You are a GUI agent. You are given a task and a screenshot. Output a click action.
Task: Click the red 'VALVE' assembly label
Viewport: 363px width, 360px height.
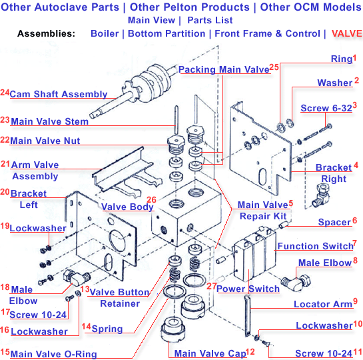pos(346,33)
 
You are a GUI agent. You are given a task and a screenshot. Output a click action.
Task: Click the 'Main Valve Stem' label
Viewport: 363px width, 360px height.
pos(49,121)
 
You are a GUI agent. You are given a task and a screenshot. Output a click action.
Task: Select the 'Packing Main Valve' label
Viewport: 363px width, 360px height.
pos(224,69)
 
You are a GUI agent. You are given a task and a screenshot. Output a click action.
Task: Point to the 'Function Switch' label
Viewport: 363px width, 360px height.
pos(314,246)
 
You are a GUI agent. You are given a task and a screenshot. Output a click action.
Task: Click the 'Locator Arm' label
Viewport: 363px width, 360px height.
pos(323,304)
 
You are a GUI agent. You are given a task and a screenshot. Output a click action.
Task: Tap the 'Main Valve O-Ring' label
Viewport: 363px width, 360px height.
pos(53,353)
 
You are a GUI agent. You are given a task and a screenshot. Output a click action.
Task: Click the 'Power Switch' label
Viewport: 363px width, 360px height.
pos(248,289)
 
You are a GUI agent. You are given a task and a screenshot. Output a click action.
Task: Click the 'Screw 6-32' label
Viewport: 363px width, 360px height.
pos(326,108)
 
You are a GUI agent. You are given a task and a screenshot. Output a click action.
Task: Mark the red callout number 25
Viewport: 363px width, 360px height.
pos(274,67)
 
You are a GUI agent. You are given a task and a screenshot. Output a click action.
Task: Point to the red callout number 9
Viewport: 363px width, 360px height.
pos(355,301)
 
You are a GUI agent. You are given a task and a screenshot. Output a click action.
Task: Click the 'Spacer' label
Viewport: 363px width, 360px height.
pos(334,222)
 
